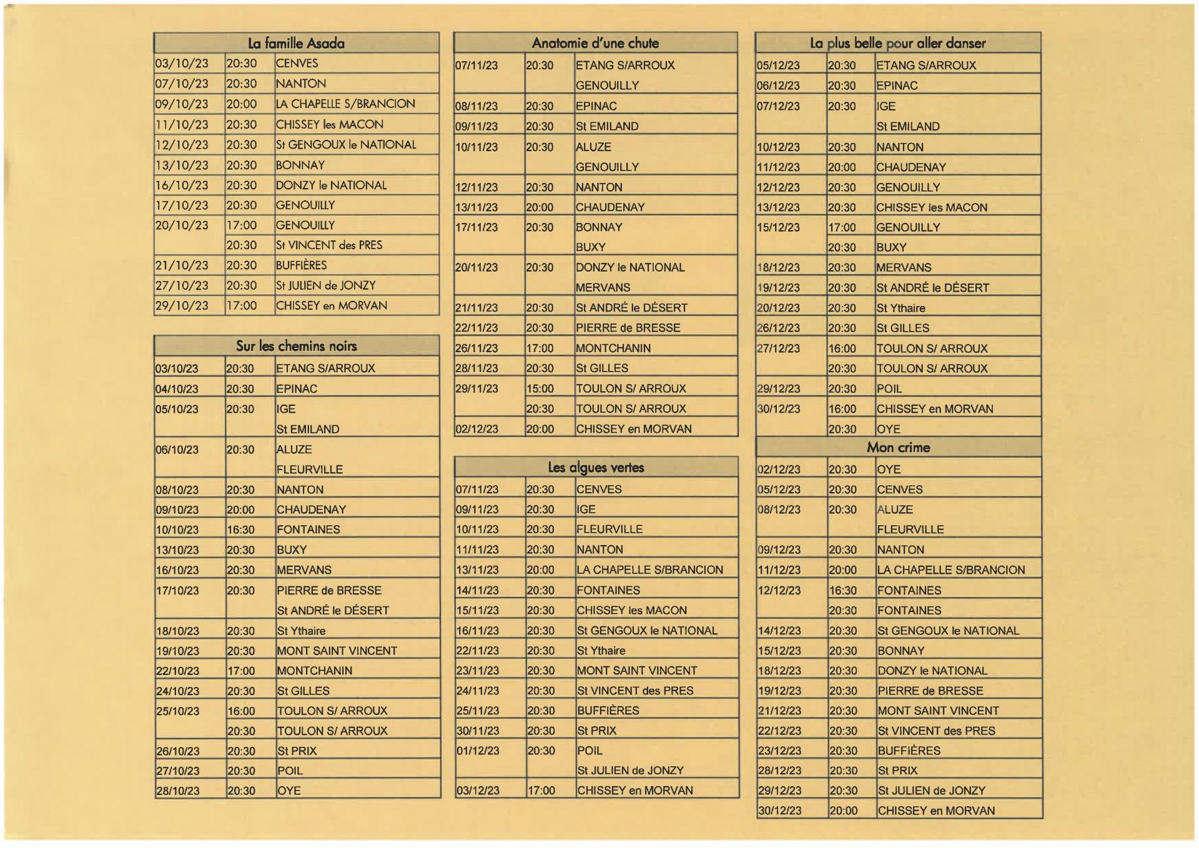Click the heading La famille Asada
[296, 43]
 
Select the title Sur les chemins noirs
[296, 346]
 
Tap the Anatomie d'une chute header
[595, 43]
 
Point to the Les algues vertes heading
[596, 467]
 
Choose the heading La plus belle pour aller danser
[897, 43]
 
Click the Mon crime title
[898, 447]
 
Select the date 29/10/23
[182, 305]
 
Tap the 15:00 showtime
[540, 388]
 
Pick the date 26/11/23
[476, 348]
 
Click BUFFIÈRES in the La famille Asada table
[301, 265]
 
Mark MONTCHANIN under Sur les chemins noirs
[315, 671]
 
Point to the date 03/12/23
[478, 791]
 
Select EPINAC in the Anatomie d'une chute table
[596, 106]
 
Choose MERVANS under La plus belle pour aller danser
[904, 268]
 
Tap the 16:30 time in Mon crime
[842, 590]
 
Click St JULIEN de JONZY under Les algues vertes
[630, 771]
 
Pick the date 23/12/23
[779, 751]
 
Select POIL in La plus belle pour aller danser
[889, 389]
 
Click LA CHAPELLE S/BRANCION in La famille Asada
[345, 104]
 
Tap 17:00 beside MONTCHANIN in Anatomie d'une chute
[540, 348]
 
